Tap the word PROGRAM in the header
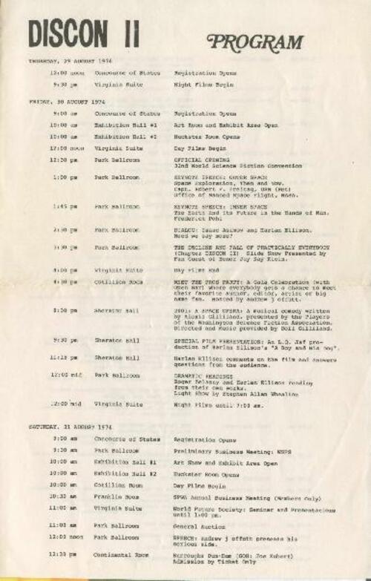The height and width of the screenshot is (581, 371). [255, 42]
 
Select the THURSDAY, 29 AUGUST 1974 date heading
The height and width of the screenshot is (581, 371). [71, 61]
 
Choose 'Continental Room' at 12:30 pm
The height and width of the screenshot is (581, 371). [122, 555]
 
